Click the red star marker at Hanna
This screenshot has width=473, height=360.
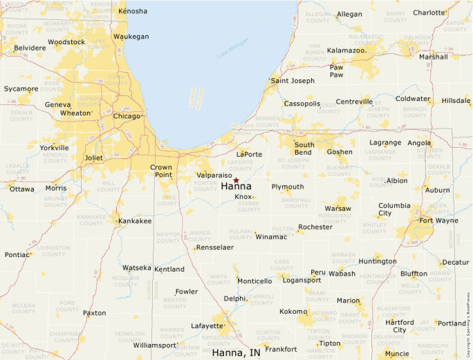pos(236,180)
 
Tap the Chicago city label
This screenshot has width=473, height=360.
pos(127,116)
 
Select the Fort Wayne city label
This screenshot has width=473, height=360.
pos(438,221)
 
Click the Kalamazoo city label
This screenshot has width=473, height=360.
pos(346,50)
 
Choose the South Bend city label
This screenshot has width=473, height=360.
pos(304,149)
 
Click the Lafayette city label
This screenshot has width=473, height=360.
pos(207,325)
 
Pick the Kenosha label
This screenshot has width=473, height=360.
pos(133,11)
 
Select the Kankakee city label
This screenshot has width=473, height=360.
pos(135,221)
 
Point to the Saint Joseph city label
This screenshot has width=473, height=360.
pos(293,81)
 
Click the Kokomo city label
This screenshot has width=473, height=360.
pos(293,312)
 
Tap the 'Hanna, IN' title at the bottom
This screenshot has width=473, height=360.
pos(236,352)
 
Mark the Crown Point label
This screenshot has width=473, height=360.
pos(161,171)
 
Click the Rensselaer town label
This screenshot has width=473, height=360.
pos(215,247)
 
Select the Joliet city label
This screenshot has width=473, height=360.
pos(93,158)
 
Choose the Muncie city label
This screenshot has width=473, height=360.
pos(397,354)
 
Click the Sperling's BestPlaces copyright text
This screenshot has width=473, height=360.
pos(468,324)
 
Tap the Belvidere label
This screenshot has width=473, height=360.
pos(29,48)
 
